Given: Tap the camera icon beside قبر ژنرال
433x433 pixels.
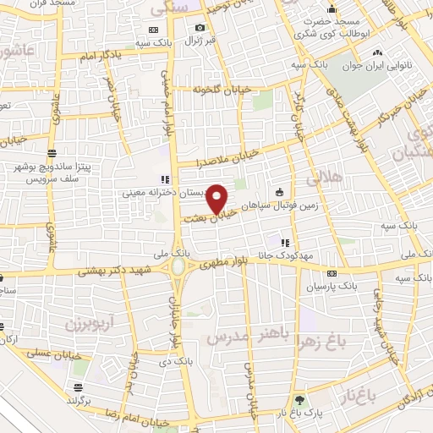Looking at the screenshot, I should pyautogui.click(x=200, y=28).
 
